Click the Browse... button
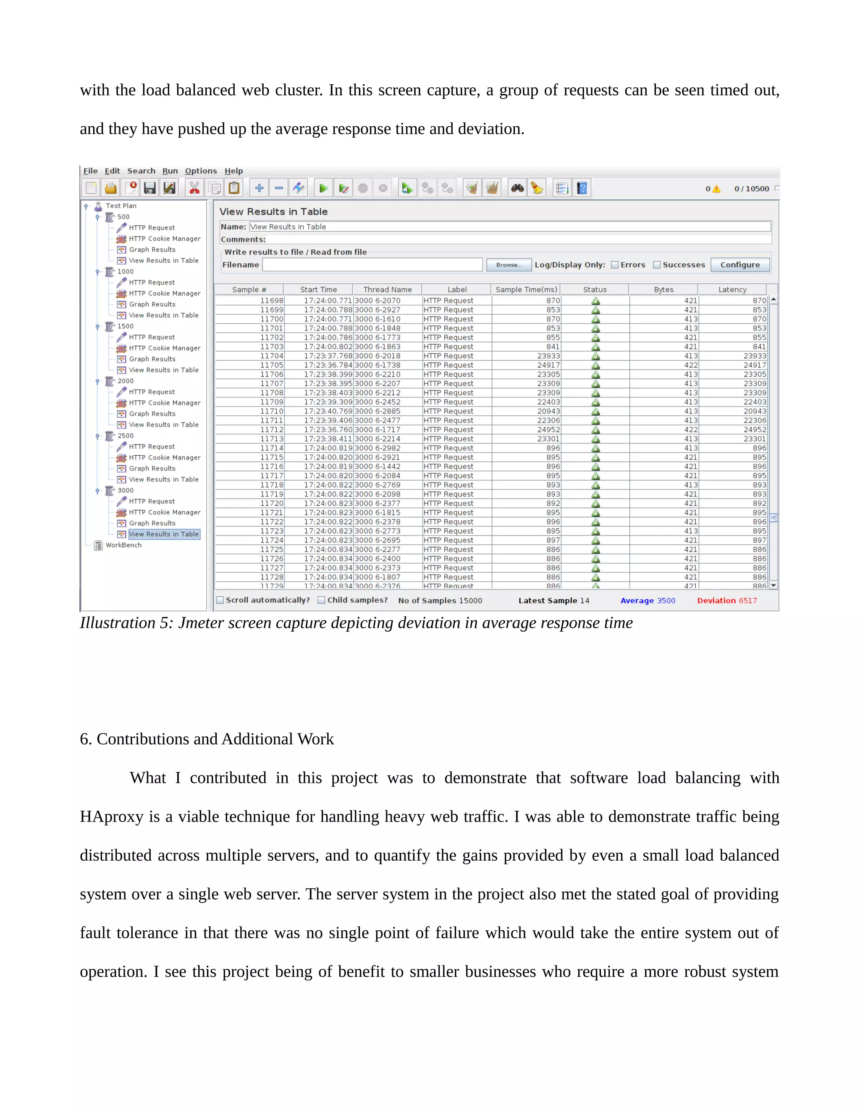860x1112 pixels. pos(509,265)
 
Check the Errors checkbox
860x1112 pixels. pos(615,265)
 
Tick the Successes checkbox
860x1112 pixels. pos(657,265)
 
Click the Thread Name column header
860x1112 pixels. pos(387,289)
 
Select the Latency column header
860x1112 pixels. pos(732,289)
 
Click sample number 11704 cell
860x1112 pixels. pos(272,356)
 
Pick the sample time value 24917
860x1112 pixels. pos(548,365)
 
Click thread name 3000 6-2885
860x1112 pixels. pos(378,411)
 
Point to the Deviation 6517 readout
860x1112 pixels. pos(726,600)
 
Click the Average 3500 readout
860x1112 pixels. pos(648,600)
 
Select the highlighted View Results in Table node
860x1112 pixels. pos(163,534)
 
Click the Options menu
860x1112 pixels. pos(201,171)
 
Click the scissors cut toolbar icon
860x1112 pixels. pos(194,188)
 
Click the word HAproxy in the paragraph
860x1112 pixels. pos(112,817)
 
